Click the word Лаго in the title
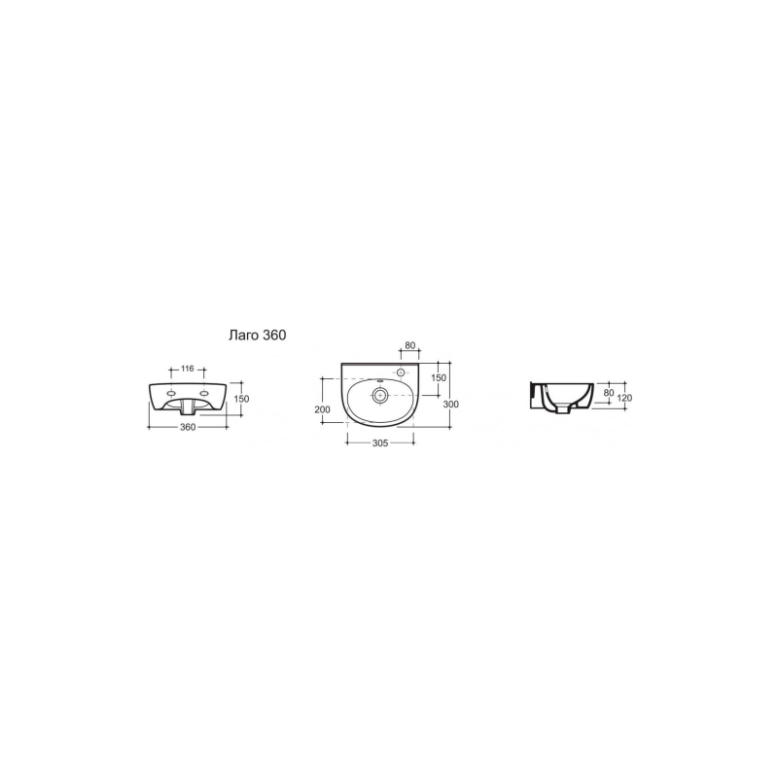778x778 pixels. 244,336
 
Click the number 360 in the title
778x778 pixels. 274,336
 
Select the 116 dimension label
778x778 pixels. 187,369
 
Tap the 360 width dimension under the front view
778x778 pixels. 188,427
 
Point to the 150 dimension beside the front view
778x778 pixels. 241,399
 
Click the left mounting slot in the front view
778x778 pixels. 172,394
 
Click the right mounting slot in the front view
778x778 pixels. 203,394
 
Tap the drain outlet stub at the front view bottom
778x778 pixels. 188,408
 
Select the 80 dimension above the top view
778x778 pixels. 409,346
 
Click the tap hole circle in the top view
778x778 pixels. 401,371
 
